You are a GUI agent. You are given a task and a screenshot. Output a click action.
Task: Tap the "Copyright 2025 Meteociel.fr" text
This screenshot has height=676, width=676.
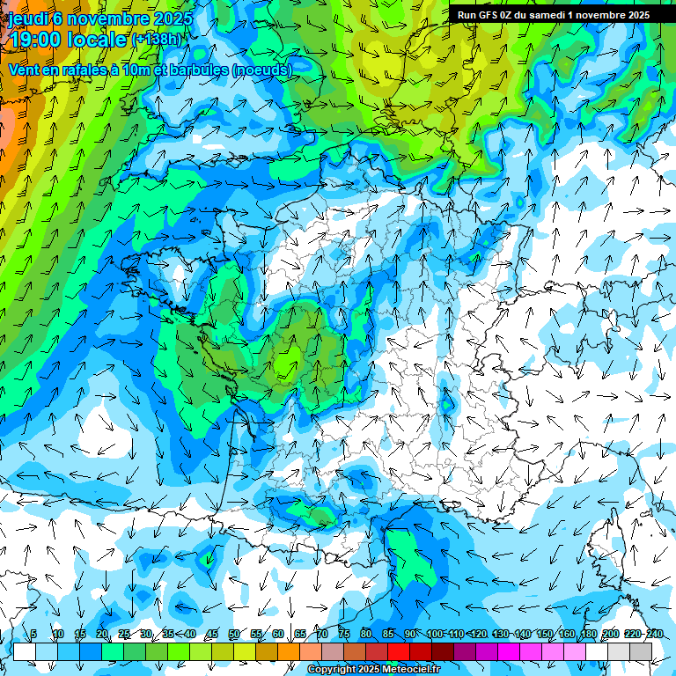click(x=373, y=670)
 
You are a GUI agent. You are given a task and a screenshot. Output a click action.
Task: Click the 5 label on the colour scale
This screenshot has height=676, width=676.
click(x=33, y=635)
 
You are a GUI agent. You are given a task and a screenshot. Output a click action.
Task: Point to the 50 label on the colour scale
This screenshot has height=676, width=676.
click(x=233, y=635)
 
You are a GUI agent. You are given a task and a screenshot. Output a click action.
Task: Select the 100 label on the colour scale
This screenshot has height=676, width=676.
click(x=435, y=635)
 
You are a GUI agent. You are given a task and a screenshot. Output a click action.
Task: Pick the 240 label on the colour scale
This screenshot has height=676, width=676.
click(x=655, y=635)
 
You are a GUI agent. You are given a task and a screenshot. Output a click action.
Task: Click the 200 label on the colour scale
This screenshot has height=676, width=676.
click(x=611, y=635)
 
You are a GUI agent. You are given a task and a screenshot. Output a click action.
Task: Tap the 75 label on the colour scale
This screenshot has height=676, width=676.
click(x=343, y=635)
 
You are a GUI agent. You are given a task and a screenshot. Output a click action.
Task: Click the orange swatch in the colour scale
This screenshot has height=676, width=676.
click(x=289, y=651)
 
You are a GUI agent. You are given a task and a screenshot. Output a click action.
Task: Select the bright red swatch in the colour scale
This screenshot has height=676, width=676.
click(x=399, y=651)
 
